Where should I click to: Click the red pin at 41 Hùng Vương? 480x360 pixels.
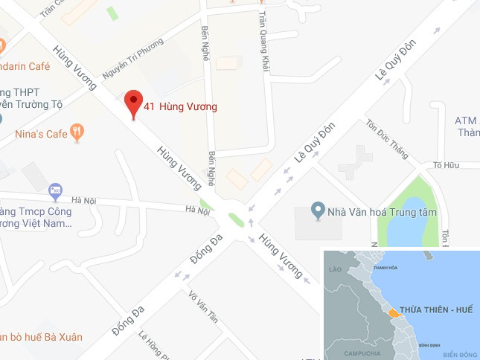click(x=133, y=103)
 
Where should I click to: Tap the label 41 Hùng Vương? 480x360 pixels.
click(x=181, y=107)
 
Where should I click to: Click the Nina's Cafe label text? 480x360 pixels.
click(x=39, y=135)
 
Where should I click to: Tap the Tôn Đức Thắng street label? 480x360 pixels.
click(x=387, y=139)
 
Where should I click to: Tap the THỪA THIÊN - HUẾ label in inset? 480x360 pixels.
click(x=437, y=309)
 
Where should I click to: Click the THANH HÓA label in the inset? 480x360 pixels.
click(x=385, y=268)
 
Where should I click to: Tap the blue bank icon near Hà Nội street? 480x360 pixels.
click(x=55, y=192)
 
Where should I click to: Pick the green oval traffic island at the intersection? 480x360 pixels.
click(x=237, y=220)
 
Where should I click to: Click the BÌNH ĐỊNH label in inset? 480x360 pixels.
click(x=429, y=346)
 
